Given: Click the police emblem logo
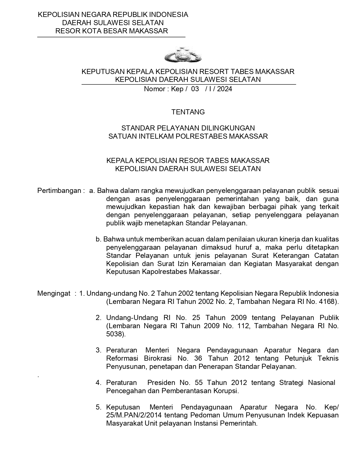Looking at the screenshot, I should [x=183, y=56].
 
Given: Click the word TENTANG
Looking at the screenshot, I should [x=188, y=112].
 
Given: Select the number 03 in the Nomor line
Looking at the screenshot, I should [x=195, y=89].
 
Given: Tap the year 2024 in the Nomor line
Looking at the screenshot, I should [x=224, y=89].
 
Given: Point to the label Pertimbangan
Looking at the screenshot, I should [x=60, y=191].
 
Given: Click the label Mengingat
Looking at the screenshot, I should [x=54, y=293].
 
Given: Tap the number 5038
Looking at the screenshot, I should [x=115, y=334].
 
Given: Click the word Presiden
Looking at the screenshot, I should [x=161, y=383].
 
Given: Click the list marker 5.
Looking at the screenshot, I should [x=98, y=407].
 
